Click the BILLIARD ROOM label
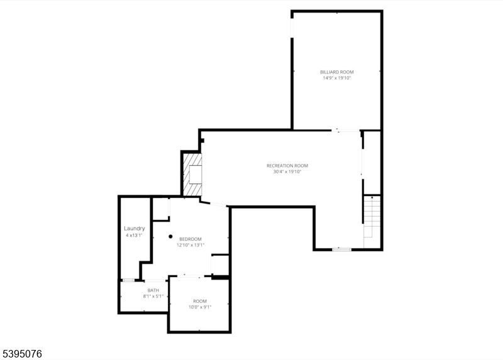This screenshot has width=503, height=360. (337, 72)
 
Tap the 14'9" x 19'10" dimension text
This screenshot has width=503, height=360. (337, 79)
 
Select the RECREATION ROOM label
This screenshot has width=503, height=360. (287, 165)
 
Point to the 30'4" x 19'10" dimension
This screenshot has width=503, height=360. (287, 172)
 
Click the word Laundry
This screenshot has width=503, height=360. (135, 228)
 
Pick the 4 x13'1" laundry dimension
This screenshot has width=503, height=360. (135, 236)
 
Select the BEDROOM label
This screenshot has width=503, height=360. (191, 239)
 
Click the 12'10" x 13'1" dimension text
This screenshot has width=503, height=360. (191, 245)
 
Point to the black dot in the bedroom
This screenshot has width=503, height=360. (170, 237)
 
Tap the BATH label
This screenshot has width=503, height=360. (153, 290)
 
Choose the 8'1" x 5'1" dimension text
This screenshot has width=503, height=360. (153, 297)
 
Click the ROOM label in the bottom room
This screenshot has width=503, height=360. (200, 301)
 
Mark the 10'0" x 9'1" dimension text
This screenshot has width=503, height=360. (200, 307)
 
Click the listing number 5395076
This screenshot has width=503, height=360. (22, 354)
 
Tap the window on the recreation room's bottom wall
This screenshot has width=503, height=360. (341, 249)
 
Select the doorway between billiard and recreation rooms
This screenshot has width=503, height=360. (346, 130)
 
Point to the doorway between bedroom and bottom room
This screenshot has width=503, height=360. (192, 276)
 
